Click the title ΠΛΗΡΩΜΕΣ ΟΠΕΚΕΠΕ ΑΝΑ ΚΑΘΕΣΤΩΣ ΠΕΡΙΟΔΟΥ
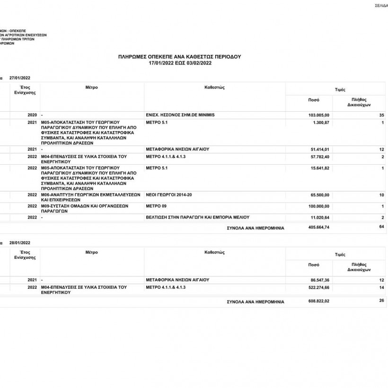[179, 56]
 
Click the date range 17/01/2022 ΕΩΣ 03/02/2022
[179, 62]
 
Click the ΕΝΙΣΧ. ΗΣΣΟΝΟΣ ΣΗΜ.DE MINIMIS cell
[180, 115]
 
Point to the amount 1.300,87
[320, 123]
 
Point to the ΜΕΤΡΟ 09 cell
[157, 206]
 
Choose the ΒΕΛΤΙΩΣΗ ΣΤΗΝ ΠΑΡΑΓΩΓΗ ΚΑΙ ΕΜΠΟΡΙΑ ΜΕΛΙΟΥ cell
[198, 217]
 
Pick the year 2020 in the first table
[32, 115]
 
